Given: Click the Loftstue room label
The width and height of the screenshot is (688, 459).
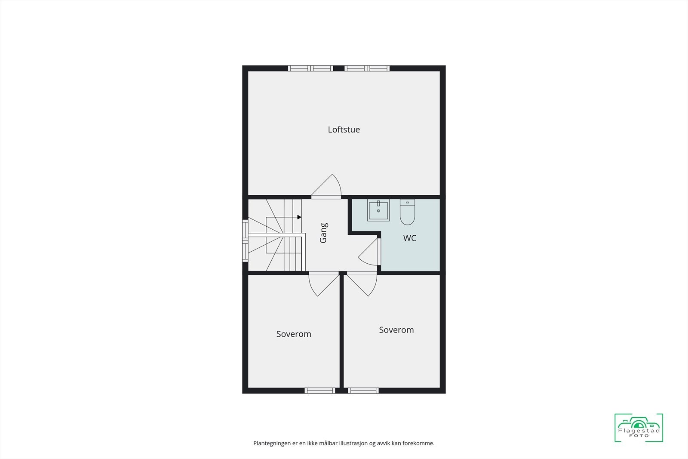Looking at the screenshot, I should tap(344, 129).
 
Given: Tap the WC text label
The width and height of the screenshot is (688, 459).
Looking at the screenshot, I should tap(409, 238).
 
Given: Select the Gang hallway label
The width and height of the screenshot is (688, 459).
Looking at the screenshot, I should tap(324, 233).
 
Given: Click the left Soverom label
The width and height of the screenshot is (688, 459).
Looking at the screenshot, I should tap(294, 334).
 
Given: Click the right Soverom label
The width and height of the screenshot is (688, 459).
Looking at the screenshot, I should tap(396, 330).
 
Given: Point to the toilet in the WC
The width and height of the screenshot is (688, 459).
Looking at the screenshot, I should tap(407, 212).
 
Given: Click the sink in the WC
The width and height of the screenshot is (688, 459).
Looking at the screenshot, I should tap(378, 210).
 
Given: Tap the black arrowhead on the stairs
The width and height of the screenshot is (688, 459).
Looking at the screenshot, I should tap(299, 217).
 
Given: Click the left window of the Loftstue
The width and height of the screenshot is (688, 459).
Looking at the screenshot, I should tap(310, 68).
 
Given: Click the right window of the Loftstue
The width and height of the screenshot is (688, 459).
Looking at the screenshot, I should tap(367, 68).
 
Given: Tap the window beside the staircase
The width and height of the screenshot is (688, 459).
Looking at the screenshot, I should tap(245, 241).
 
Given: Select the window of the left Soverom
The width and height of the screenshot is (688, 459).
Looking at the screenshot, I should tap(320, 391).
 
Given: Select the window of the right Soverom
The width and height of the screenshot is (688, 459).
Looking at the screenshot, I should tap(363, 391).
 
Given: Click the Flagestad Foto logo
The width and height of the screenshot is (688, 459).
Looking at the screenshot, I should tap(639, 428).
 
